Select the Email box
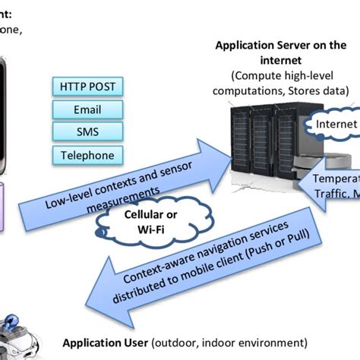click(x=87, y=109)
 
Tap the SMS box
click(x=87, y=132)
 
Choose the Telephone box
click(x=87, y=156)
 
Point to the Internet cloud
click(x=335, y=123)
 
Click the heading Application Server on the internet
click(x=280, y=51)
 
